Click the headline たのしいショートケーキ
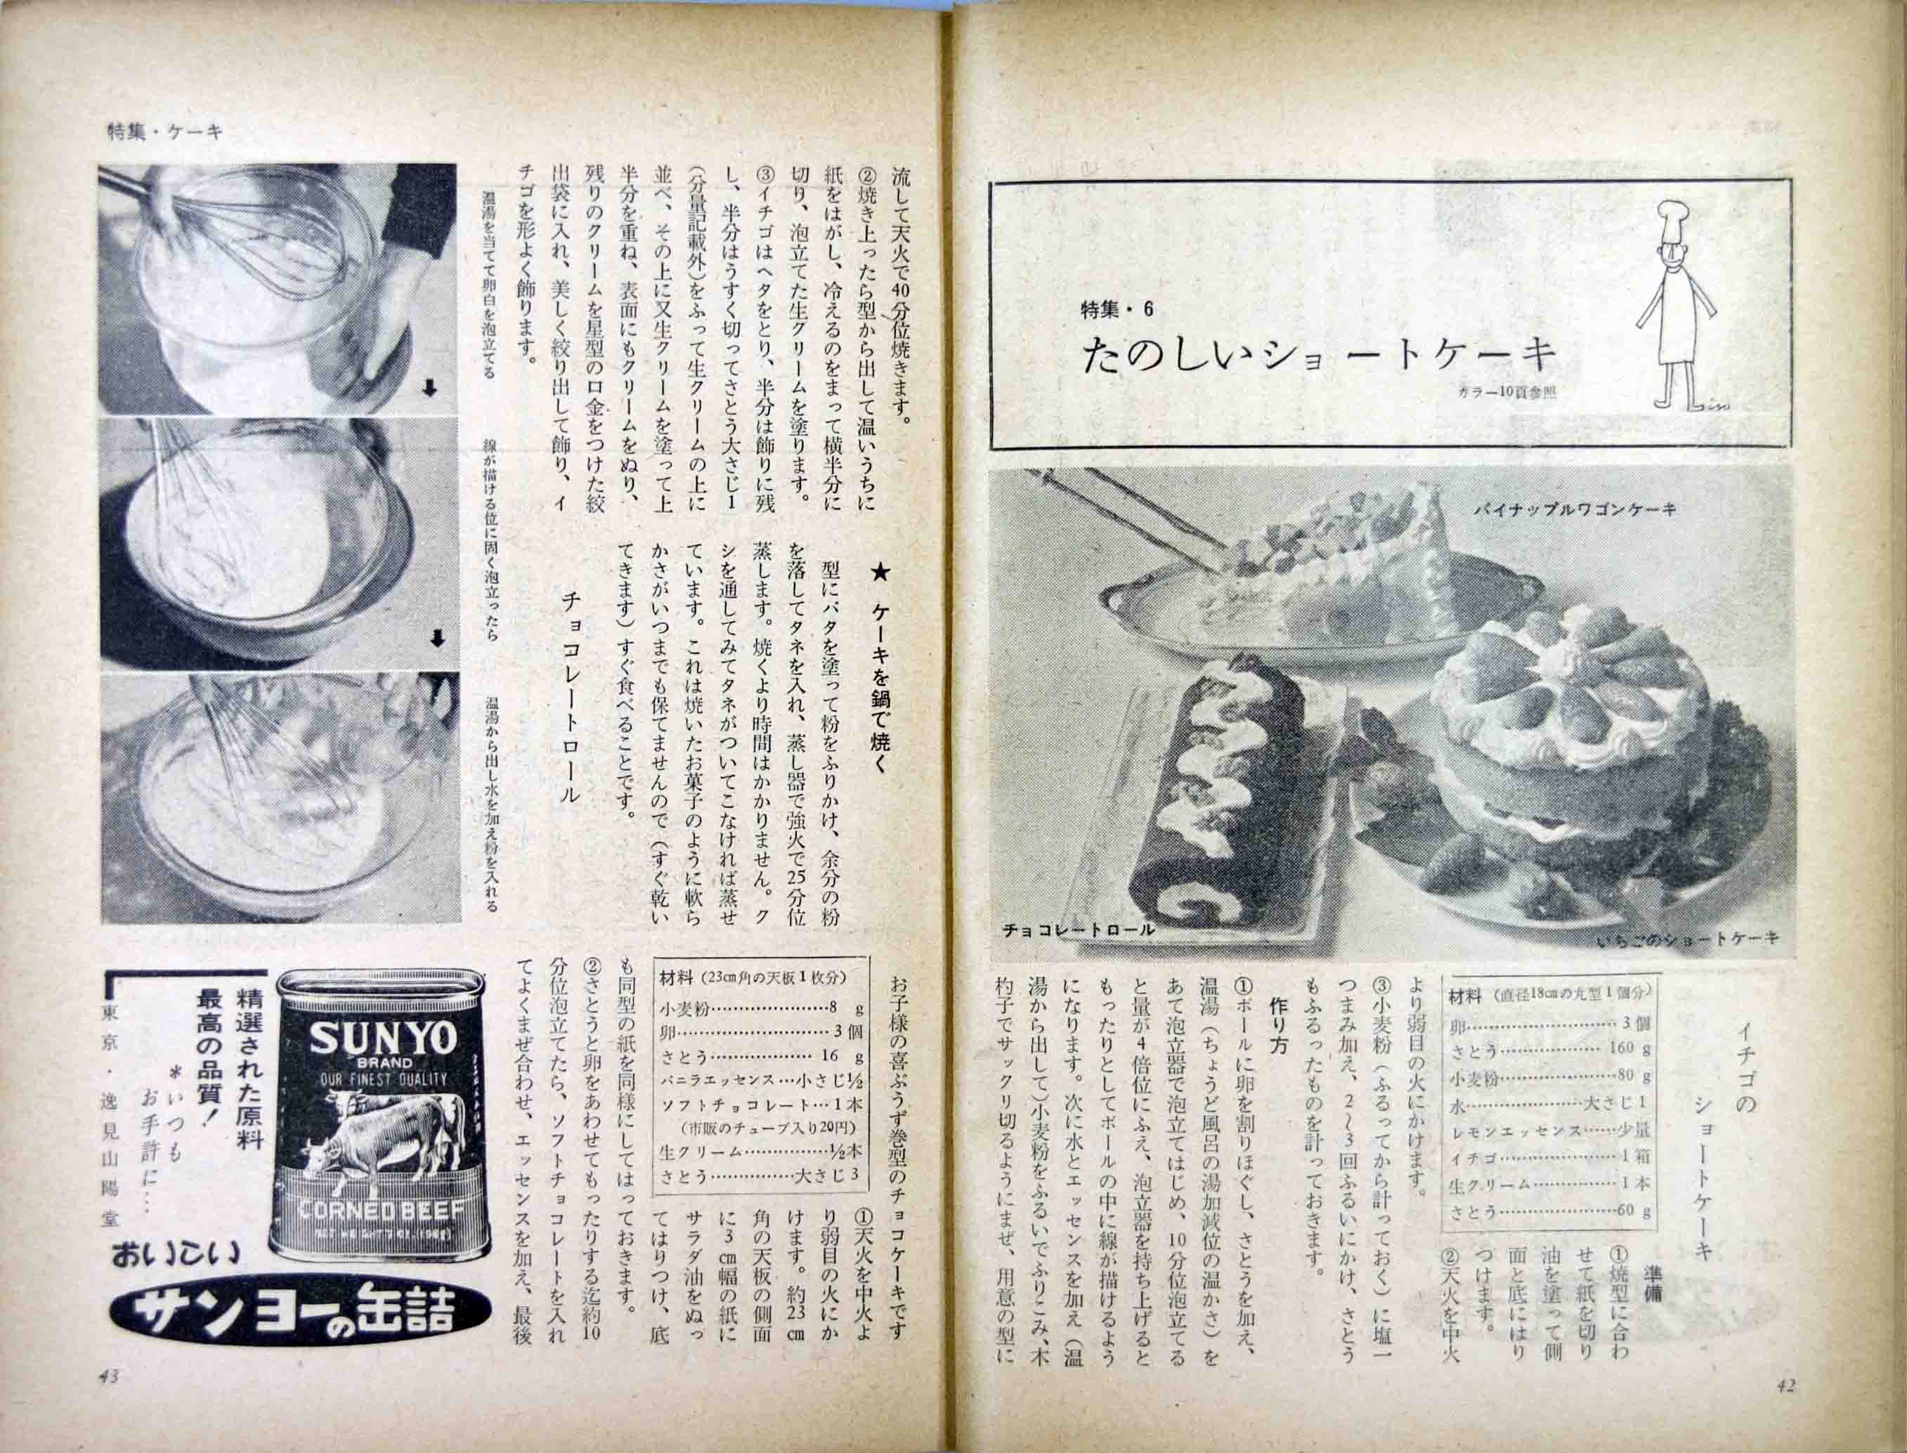[x=1318, y=356]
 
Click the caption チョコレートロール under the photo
[x=1078, y=931]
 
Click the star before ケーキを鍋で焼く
[x=880, y=572]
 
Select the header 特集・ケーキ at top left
[x=164, y=131]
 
